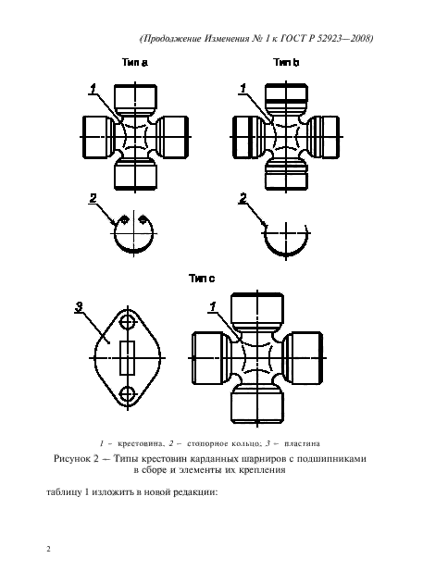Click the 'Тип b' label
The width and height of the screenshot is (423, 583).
285,64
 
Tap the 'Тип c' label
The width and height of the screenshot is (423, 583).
201,277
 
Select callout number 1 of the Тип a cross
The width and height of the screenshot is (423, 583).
93,88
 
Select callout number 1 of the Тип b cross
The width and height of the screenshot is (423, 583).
243,89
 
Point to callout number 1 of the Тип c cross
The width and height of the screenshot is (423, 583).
213,306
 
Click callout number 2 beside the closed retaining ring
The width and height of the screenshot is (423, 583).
93,198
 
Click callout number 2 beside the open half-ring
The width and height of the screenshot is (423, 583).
243,198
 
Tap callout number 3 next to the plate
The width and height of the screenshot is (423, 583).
81,306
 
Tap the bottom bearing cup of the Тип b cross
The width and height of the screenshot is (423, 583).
284,173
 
